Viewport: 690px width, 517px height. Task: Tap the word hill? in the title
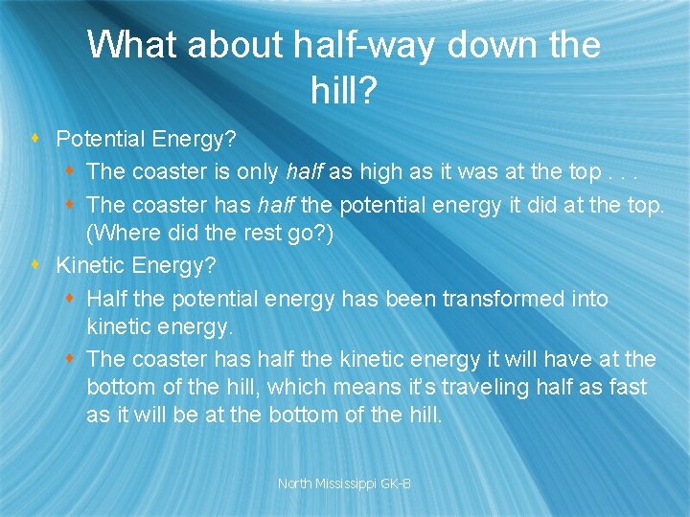point(345,91)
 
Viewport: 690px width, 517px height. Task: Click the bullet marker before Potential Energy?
point(35,140)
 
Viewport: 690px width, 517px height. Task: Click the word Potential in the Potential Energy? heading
point(100,140)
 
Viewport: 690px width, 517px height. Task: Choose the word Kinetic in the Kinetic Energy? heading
point(92,263)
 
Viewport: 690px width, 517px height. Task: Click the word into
point(590,299)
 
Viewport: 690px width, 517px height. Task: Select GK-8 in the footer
point(397,484)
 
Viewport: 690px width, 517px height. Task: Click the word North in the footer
point(295,484)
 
